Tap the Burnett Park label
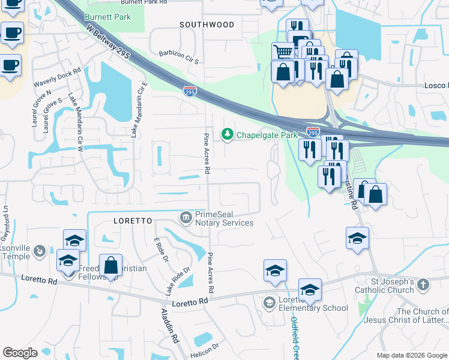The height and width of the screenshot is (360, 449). tap(107, 17)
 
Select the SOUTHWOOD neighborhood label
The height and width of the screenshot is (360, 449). tap(206, 25)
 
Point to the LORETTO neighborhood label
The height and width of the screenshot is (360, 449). tap(132, 221)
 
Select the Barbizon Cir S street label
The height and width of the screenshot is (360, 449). tap(178, 57)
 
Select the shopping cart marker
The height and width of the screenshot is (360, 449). tap(283, 52)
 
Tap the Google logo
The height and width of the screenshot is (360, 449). tap(20, 353)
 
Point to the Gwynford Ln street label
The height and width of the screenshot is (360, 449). tap(7, 220)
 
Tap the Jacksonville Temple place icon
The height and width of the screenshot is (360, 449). tap(40, 250)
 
